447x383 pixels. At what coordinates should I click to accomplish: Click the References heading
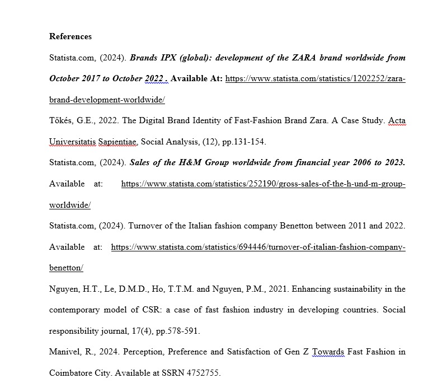(70, 36)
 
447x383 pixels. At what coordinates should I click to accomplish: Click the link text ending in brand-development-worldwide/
(107, 100)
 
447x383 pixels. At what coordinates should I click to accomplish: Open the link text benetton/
(66, 268)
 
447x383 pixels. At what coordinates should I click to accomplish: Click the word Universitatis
(73, 142)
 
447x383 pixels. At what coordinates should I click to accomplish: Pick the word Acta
(397, 121)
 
